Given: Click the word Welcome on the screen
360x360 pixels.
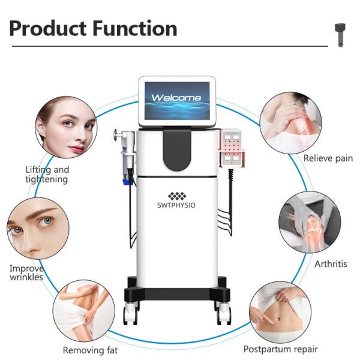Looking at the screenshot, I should click(176, 97).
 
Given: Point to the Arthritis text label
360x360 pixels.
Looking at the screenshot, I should click(331, 263).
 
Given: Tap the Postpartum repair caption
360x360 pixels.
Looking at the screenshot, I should click(280, 349).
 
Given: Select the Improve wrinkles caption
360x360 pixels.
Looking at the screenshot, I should click(26, 272).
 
